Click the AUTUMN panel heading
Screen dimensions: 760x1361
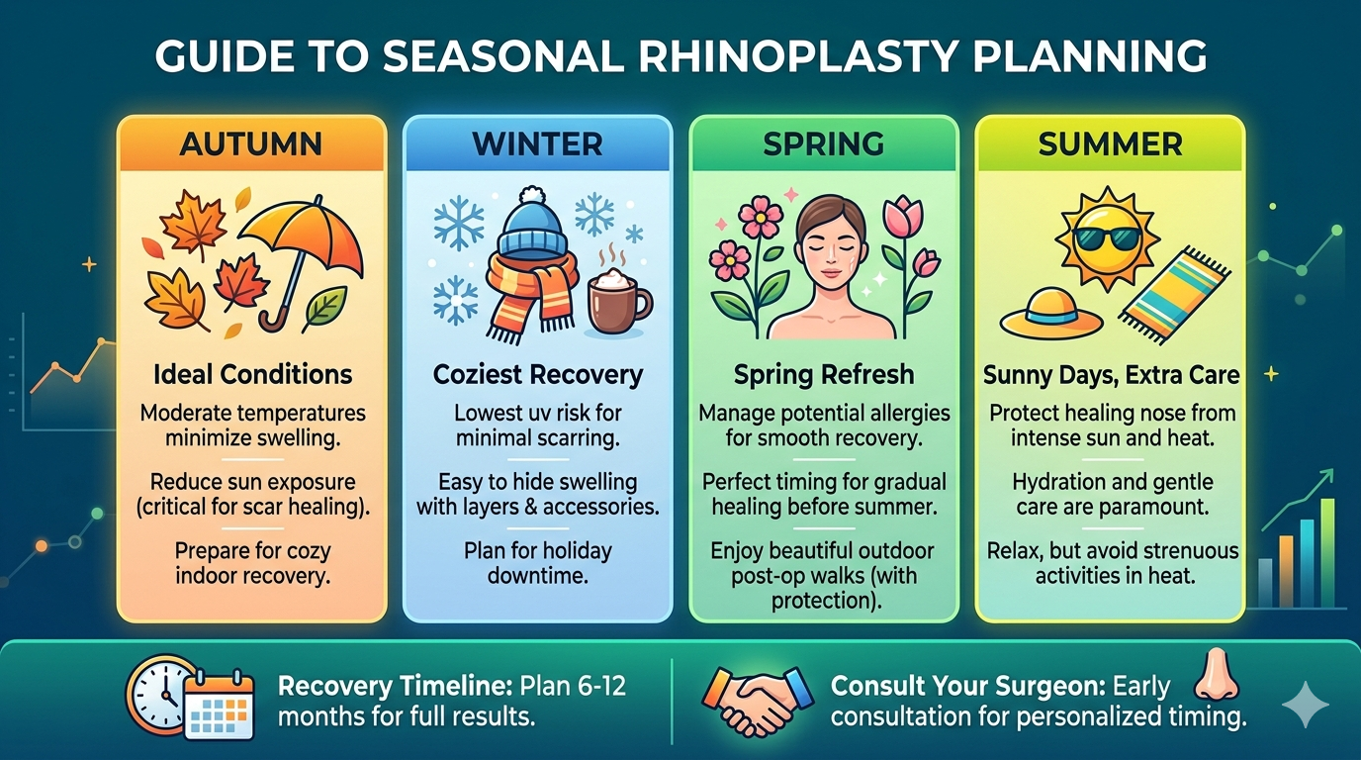(x=251, y=143)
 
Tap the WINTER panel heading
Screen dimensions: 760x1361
(x=537, y=143)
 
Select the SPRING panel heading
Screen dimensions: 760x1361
(x=823, y=143)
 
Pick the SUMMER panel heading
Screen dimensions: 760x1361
(x=1110, y=143)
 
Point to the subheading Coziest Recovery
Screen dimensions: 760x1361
(x=537, y=375)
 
